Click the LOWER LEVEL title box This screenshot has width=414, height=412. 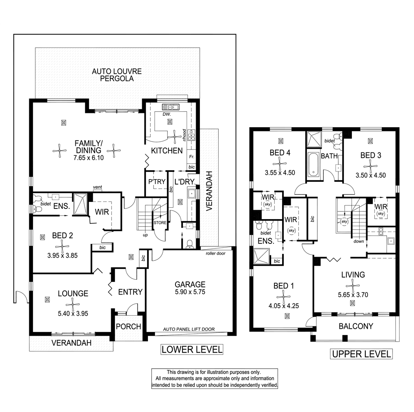(x=192, y=350)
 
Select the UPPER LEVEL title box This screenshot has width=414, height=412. (x=361, y=354)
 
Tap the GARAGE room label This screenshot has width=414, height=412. (x=190, y=284)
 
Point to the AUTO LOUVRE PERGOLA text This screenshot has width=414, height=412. (x=117, y=75)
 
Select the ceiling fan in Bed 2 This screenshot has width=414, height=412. (x=63, y=247)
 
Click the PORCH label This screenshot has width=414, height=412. (x=128, y=327)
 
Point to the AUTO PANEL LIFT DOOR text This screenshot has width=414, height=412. (x=189, y=330)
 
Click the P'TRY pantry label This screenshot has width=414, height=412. (x=157, y=181)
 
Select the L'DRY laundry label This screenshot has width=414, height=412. (x=182, y=181)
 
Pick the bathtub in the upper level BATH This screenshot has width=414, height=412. (x=313, y=164)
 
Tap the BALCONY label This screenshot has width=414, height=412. (x=356, y=326)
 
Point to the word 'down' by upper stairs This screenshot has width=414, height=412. (x=358, y=241)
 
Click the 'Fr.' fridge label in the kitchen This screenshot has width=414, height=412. (x=192, y=157)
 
